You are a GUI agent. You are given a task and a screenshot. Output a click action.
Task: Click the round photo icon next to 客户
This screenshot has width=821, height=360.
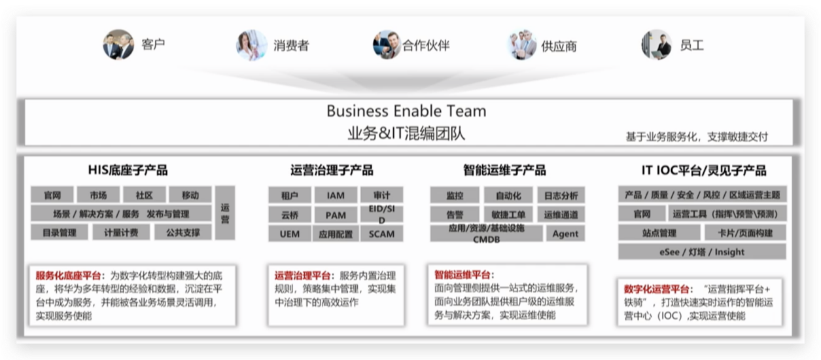coord(118,45)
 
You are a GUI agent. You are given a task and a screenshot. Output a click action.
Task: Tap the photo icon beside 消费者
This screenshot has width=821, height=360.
coord(252,45)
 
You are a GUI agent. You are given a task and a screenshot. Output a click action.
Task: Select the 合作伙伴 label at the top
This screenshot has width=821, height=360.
coord(426,45)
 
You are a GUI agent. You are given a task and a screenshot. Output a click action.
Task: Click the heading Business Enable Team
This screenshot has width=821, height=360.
coord(406,111)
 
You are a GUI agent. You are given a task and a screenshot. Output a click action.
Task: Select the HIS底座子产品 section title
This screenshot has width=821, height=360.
coord(128,170)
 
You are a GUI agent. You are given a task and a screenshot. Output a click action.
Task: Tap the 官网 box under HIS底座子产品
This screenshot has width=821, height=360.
coord(52,195)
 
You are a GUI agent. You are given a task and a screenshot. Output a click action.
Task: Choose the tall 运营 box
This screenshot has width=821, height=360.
coord(225,213)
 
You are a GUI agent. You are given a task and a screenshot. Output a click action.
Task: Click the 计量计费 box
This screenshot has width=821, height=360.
coord(116,232)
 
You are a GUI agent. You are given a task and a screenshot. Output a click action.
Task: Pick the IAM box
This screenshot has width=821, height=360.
coord(336,195)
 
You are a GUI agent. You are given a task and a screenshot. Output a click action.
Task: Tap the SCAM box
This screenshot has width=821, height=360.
coord(381,234)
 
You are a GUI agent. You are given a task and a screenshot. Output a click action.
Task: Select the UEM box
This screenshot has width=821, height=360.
coord(290,234)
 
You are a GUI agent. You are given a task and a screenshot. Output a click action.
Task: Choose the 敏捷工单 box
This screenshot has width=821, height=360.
coord(508,214)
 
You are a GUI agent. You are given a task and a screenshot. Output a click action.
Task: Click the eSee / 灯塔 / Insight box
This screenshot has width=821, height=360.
coord(702,252)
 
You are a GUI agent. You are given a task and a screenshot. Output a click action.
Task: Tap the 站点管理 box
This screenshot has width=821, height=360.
coord(659,232)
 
